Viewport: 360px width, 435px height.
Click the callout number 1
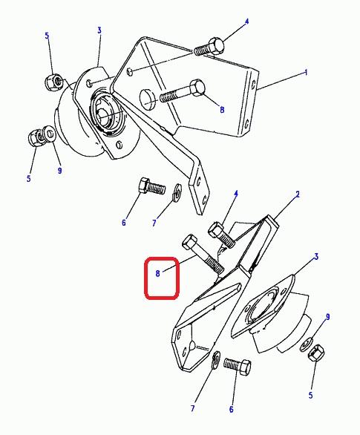tap(306, 73)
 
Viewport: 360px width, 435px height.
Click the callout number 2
tap(298, 194)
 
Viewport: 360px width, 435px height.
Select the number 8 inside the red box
tap(158, 273)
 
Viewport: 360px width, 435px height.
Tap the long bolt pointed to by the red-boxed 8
tap(203, 254)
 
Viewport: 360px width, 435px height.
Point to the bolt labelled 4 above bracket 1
tap(209, 47)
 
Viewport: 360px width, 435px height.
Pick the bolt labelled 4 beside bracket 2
tap(222, 235)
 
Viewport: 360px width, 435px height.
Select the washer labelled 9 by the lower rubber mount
tap(307, 344)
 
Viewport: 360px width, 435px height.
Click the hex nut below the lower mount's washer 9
tap(316, 353)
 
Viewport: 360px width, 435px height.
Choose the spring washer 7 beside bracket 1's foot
tap(177, 192)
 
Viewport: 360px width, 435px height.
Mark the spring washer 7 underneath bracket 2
tap(216, 360)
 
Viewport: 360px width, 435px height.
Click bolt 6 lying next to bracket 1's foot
tap(151, 186)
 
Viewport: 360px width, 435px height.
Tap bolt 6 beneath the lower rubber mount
tap(237, 367)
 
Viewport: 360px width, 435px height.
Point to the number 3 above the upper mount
tap(99, 30)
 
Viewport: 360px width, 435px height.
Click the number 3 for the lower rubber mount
tap(316, 257)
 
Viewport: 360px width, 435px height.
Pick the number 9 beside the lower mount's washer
tap(327, 317)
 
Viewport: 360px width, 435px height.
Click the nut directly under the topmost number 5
tap(53, 82)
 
